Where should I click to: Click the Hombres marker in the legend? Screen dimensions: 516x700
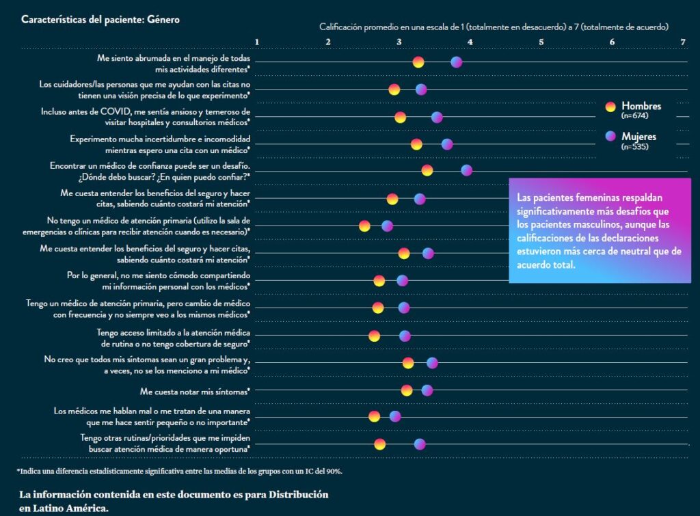(x=611, y=106)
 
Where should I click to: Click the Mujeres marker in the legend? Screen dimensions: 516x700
(x=611, y=137)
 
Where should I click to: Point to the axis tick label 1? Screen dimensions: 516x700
(x=257, y=42)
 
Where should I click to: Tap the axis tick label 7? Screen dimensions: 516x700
(x=683, y=42)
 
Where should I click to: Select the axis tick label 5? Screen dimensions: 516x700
(x=541, y=42)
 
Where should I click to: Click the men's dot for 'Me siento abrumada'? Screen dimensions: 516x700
(x=418, y=62)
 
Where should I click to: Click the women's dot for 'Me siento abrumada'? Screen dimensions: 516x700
(x=457, y=62)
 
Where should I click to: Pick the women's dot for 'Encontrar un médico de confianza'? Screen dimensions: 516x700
(x=466, y=170)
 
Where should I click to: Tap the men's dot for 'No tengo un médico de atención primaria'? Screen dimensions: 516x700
(x=364, y=226)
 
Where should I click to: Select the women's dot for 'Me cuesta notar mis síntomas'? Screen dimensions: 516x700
(x=427, y=390)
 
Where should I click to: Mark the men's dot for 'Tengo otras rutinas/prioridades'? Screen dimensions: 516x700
(x=379, y=444)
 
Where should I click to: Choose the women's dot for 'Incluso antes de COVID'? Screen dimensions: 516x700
(x=437, y=118)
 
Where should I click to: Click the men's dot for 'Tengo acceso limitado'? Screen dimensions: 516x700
(x=374, y=336)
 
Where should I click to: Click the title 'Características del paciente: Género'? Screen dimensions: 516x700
(x=100, y=20)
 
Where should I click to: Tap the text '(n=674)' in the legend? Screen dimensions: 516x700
(x=634, y=116)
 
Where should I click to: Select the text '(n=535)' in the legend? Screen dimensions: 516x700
(x=634, y=147)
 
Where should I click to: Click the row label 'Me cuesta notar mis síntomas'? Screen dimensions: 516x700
(x=194, y=391)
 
